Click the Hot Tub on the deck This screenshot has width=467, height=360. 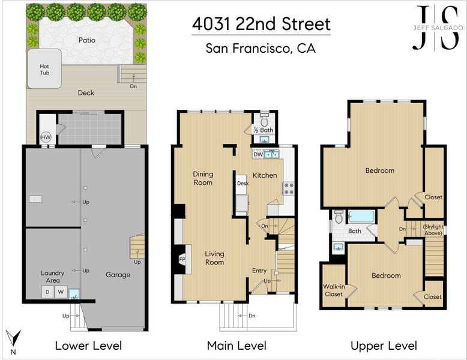44,69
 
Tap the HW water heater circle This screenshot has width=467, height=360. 46,137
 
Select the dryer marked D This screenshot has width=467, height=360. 47,292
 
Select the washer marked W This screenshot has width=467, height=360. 61,292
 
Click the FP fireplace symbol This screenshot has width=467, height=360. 182,259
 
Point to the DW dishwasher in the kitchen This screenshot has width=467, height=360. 258,154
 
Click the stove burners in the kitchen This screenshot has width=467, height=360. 288,189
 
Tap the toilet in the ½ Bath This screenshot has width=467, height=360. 264,120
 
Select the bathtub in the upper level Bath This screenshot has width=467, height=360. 361,217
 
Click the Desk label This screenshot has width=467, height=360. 243,184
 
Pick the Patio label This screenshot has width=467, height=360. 87,40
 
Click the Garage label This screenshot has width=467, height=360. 118,275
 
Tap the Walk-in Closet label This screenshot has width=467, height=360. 334,290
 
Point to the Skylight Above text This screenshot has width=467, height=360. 433,230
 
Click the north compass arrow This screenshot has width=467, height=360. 13,338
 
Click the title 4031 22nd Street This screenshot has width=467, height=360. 261,24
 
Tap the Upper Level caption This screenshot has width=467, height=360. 384,346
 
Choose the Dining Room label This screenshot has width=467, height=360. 203,178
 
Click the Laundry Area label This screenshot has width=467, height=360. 52,277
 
